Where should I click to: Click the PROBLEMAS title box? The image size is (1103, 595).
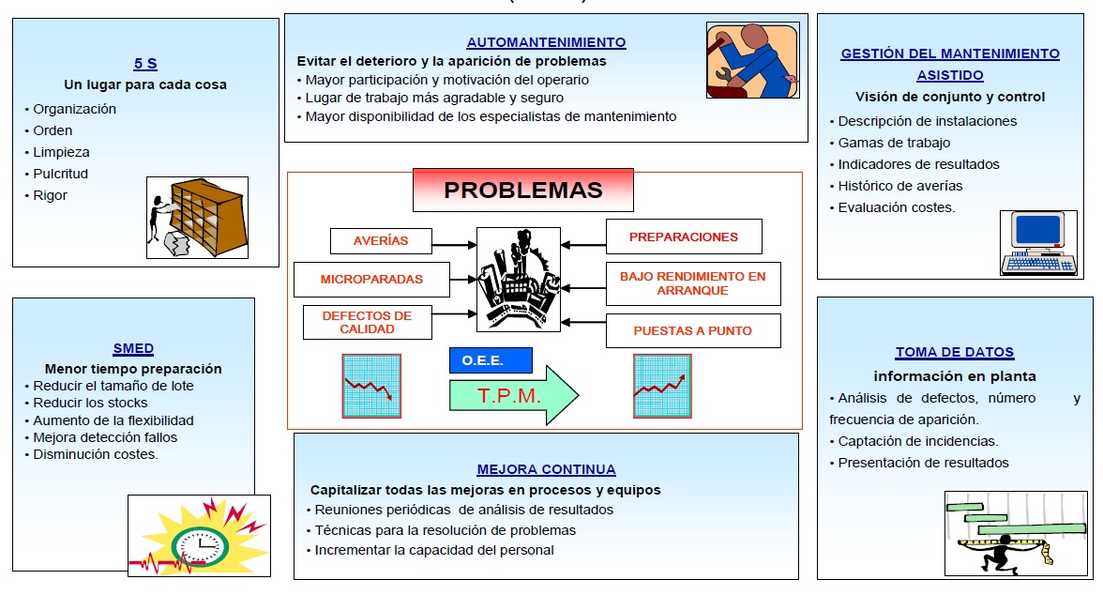tap(522, 191)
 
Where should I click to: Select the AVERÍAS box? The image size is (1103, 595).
tap(381, 241)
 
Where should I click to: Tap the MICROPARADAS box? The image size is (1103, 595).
tap(371, 280)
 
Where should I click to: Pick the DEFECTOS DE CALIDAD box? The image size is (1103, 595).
tap(368, 323)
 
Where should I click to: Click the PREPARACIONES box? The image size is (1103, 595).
tap(684, 236)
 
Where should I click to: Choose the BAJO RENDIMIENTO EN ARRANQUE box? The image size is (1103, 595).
tap(693, 283)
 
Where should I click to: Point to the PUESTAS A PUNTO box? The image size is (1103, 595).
tap(693, 331)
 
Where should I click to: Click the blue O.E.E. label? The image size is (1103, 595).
tap(491, 360)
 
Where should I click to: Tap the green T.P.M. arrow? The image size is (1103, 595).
tap(514, 395)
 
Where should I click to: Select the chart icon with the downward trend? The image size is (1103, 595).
tap(371, 387)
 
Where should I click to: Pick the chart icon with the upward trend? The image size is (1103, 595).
tap(662, 387)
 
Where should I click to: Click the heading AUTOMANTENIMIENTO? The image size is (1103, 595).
tap(547, 42)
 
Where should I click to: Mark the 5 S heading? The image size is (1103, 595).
tap(145, 64)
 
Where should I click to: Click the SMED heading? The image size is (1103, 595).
tap(133, 348)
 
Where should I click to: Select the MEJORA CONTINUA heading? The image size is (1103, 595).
tap(547, 469)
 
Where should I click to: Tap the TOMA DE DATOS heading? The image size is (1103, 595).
tap(955, 352)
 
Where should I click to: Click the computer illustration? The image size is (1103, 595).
tap(1038, 243)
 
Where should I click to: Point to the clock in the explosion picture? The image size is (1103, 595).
tap(201, 546)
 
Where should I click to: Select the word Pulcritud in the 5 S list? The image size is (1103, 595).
tap(60, 174)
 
